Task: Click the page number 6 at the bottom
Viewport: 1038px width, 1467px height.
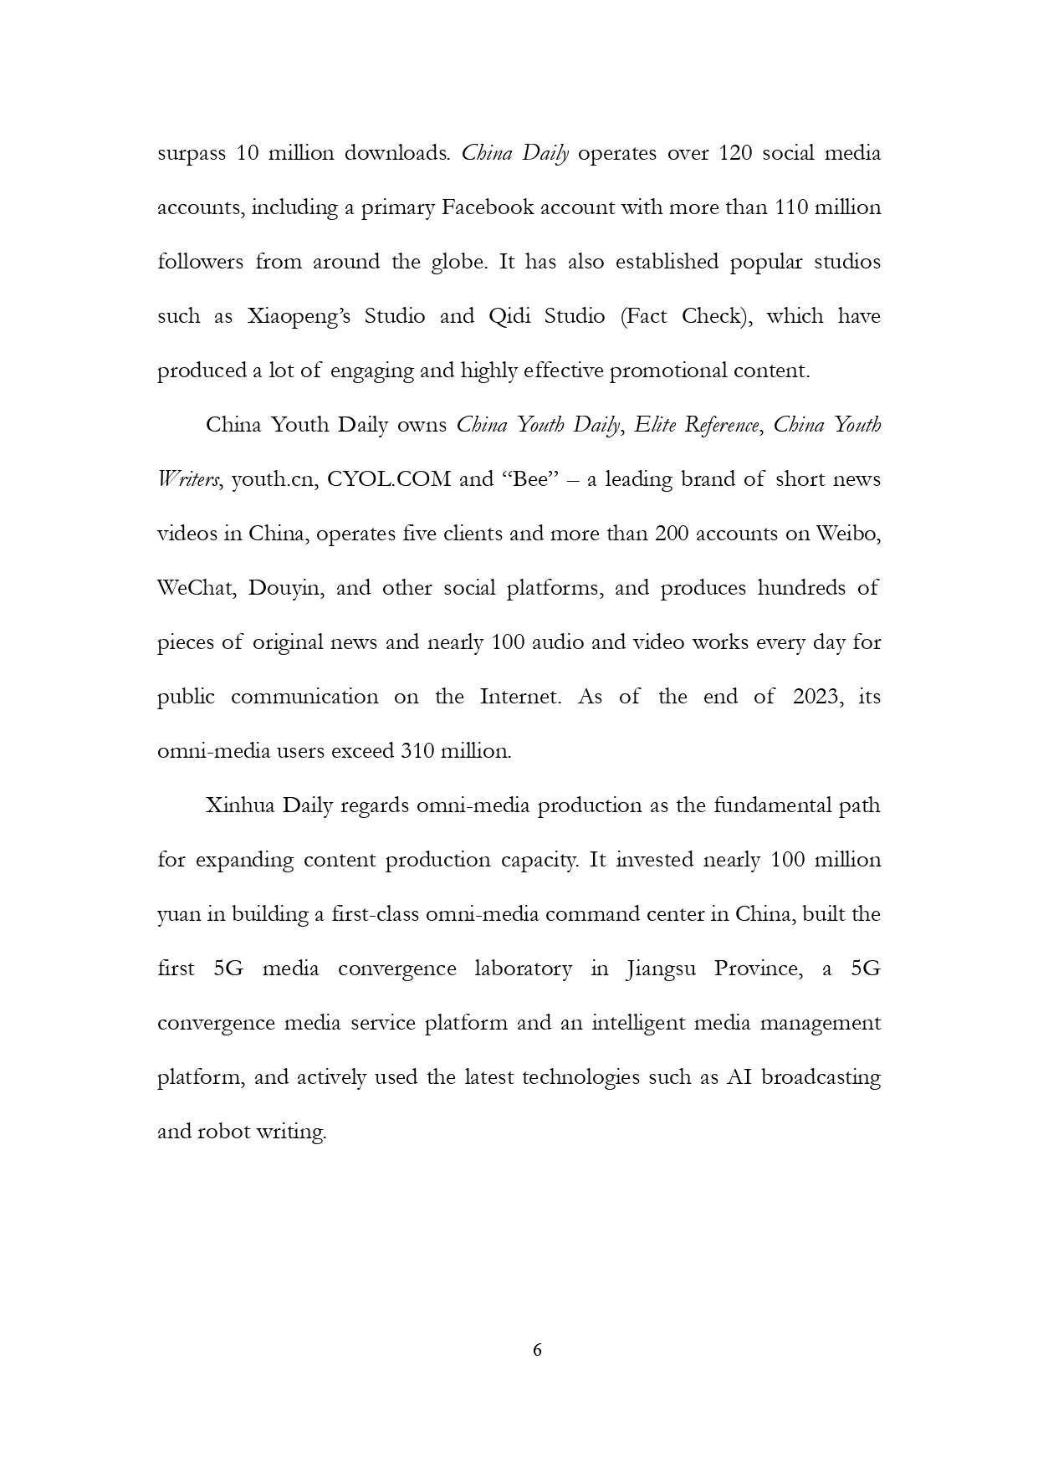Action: click(537, 1349)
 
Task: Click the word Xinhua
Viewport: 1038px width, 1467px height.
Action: click(240, 805)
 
